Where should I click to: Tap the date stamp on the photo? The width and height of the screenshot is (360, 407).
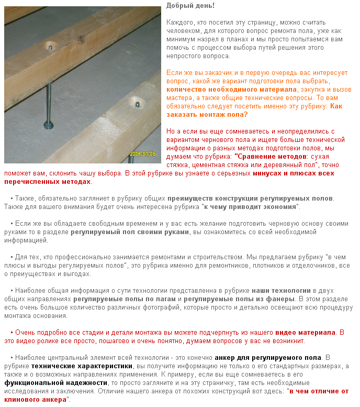tap(142, 155)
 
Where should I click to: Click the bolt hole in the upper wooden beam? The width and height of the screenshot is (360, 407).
tap(50, 47)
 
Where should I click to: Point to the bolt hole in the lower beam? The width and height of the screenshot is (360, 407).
tap(138, 104)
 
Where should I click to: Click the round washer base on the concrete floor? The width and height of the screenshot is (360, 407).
tap(49, 125)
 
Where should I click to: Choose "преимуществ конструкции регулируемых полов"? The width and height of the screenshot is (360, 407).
tap(250, 199)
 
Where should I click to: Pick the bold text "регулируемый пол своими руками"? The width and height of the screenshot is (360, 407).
tap(129, 232)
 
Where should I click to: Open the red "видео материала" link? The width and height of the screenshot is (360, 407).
tap(305, 332)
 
